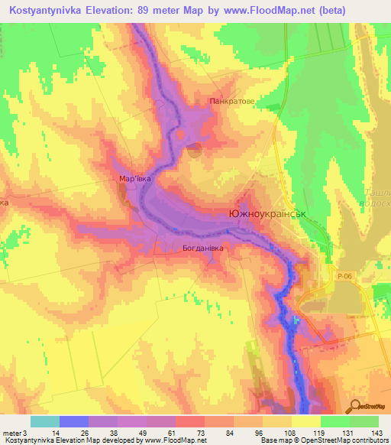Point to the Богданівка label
[202, 248]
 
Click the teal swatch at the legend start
[45, 421]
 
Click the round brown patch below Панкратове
[195, 150]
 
